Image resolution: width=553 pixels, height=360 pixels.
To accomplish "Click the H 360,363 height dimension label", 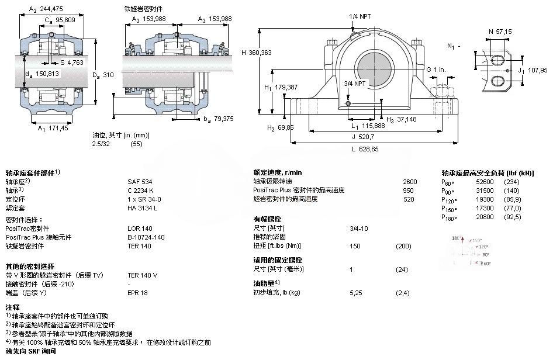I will (x=255, y=53).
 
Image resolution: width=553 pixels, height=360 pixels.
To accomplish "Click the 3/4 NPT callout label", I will (x=355, y=83).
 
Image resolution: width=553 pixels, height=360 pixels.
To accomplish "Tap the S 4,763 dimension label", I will (x=72, y=62).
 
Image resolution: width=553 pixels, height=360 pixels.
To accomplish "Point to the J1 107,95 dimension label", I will (x=532, y=70).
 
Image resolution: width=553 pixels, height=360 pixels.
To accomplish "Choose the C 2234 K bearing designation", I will (x=141, y=191).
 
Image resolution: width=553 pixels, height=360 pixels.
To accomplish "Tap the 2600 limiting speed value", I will (x=410, y=182).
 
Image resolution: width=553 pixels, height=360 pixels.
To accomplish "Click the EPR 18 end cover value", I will (x=138, y=293).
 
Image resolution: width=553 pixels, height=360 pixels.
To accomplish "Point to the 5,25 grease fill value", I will (x=357, y=292).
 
